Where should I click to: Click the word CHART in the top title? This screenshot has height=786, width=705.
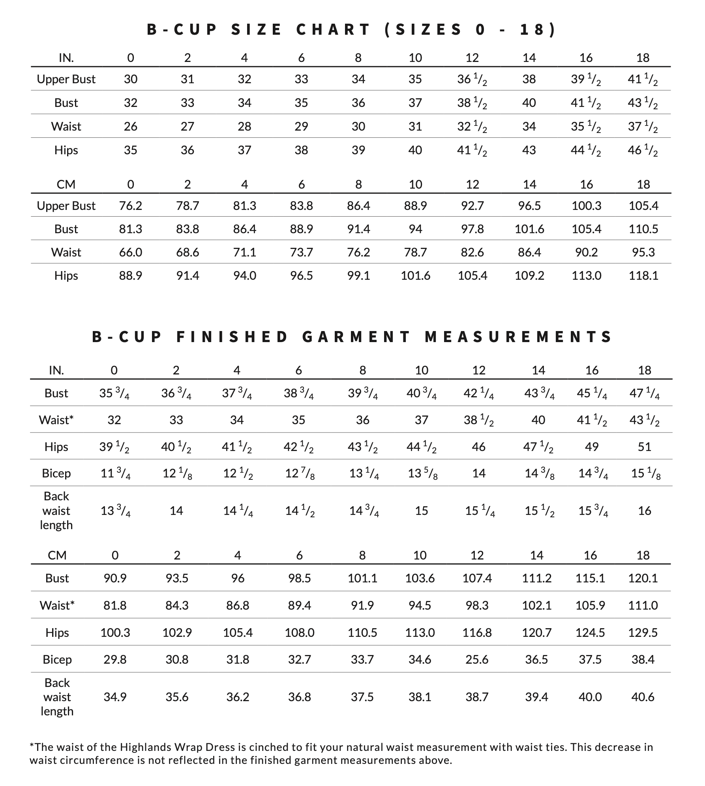click(x=333, y=30)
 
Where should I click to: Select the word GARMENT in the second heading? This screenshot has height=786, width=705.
click(x=357, y=337)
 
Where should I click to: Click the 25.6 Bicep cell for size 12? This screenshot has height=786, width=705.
click(x=477, y=659)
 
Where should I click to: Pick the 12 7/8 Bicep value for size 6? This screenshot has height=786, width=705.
click(x=300, y=473)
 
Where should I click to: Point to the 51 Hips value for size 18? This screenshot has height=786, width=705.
click(x=644, y=447)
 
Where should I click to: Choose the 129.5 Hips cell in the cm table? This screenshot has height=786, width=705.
click(x=643, y=633)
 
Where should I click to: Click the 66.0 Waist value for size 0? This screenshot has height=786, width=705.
click(x=131, y=252)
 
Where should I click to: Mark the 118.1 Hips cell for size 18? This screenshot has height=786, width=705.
click(x=643, y=275)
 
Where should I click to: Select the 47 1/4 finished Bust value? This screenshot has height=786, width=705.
click(x=644, y=393)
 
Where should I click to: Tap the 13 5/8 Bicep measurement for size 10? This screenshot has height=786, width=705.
click(x=422, y=473)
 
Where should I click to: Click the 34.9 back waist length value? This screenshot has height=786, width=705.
click(x=115, y=697)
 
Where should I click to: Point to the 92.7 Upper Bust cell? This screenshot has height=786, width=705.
click(x=472, y=206)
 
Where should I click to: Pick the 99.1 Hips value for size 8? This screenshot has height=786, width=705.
click(x=358, y=275)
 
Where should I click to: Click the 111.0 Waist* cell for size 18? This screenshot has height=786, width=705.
click(x=643, y=605)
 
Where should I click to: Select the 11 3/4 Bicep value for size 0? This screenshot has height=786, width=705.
click(x=115, y=473)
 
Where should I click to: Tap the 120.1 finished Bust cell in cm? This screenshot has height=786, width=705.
click(x=643, y=578)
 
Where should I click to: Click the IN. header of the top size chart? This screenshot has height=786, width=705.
click(x=66, y=58)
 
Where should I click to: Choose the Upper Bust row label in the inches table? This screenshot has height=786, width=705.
click(x=66, y=79)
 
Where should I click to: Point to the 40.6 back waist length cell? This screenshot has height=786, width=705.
click(x=643, y=697)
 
